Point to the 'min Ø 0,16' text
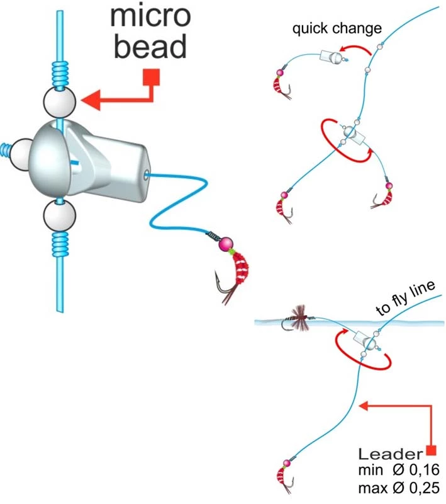pyautogui.click(x=398, y=471)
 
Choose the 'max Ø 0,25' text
pyautogui.click(x=398, y=488)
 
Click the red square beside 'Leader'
pyautogui.click(x=431, y=450)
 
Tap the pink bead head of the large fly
pyautogui.click(x=225, y=243)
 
